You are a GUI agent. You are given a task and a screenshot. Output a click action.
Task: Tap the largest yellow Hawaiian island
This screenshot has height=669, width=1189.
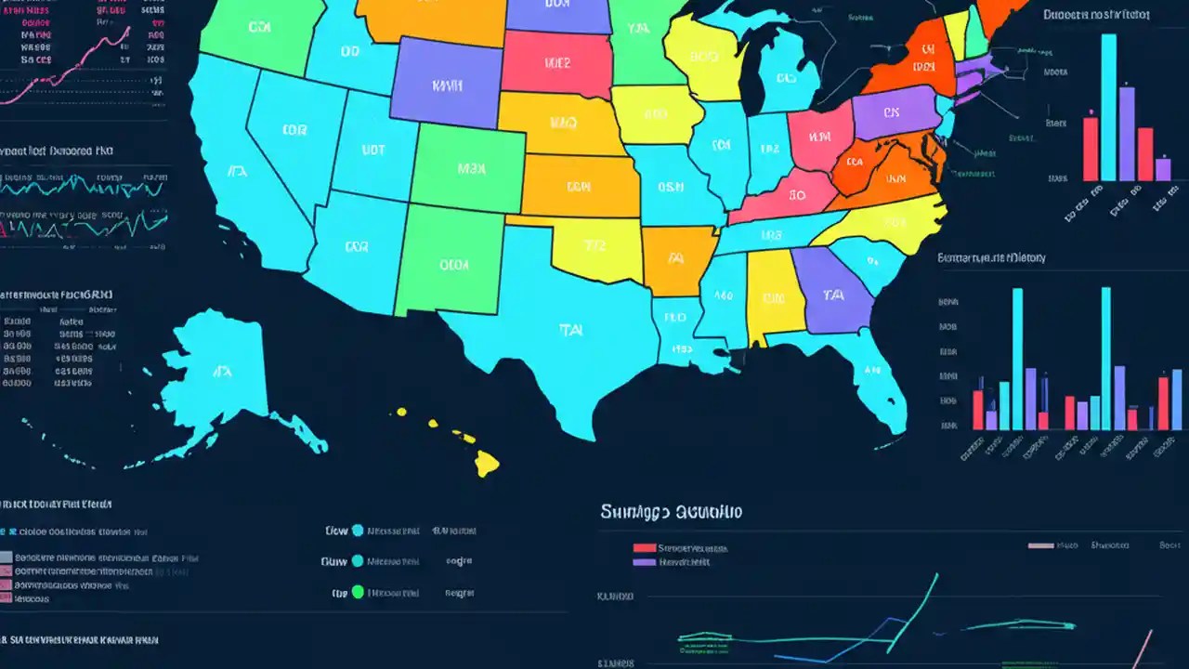coord(487,462)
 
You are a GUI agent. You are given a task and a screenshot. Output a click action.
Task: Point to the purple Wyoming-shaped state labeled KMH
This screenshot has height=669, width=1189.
coord(446,85)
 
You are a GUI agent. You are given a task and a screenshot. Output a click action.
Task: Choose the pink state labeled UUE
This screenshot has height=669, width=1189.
coord(555,63)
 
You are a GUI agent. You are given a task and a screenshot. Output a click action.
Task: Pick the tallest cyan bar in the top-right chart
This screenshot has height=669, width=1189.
coord(1108,107)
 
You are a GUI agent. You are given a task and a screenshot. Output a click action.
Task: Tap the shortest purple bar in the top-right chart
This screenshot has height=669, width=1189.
coord(1163,169)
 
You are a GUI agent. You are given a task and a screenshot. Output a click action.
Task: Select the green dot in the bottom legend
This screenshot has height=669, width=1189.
coord(358,592)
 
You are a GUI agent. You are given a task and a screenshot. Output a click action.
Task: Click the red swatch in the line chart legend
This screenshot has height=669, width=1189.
coord(644,548)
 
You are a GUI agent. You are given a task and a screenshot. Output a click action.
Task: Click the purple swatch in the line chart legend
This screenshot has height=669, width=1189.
coord(644,562)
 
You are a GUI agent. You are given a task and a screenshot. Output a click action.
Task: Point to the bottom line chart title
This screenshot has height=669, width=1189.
coord(671,511)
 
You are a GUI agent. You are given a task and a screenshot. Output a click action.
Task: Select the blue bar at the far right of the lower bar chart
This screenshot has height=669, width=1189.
coord(1178,400)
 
